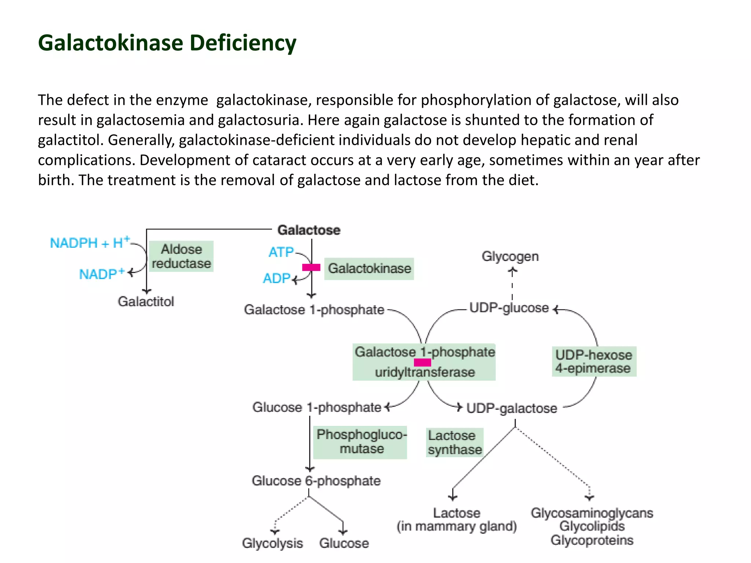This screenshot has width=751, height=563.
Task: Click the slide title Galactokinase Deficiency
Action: (x=167, y=43)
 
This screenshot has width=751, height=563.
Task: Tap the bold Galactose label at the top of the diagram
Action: (x=309, y=230)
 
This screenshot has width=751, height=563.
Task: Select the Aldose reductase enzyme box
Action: (x=181, y=256)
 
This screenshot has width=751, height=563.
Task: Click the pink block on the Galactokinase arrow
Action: (x=311, y=268)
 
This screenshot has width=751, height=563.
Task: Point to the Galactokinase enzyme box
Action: (x=369, y=269)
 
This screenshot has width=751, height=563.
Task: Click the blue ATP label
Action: (x=281, y=252)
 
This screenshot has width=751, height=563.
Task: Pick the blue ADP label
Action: (x=277, y=279)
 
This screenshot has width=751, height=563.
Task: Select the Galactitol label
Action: (x=146, y=302)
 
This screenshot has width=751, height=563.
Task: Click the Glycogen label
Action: (x=510, y=256)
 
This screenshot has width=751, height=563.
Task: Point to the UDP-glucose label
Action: (x=509, y=308)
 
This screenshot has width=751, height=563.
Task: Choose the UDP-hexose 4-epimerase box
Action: (x=594, y=361)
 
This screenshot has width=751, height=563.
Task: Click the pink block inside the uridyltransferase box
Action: (x=422, y=363)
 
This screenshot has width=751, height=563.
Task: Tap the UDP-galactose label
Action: (x=512, y=408)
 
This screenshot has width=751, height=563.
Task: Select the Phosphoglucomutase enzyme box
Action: (x=360, y=442)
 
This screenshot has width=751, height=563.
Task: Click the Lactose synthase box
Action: (x=455, y=442)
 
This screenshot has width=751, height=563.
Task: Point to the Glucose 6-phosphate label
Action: (x=316, y=481)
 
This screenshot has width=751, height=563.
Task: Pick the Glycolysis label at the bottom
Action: (x=272, y=543)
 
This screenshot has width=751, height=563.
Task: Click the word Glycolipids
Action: (x=592, y=526)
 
